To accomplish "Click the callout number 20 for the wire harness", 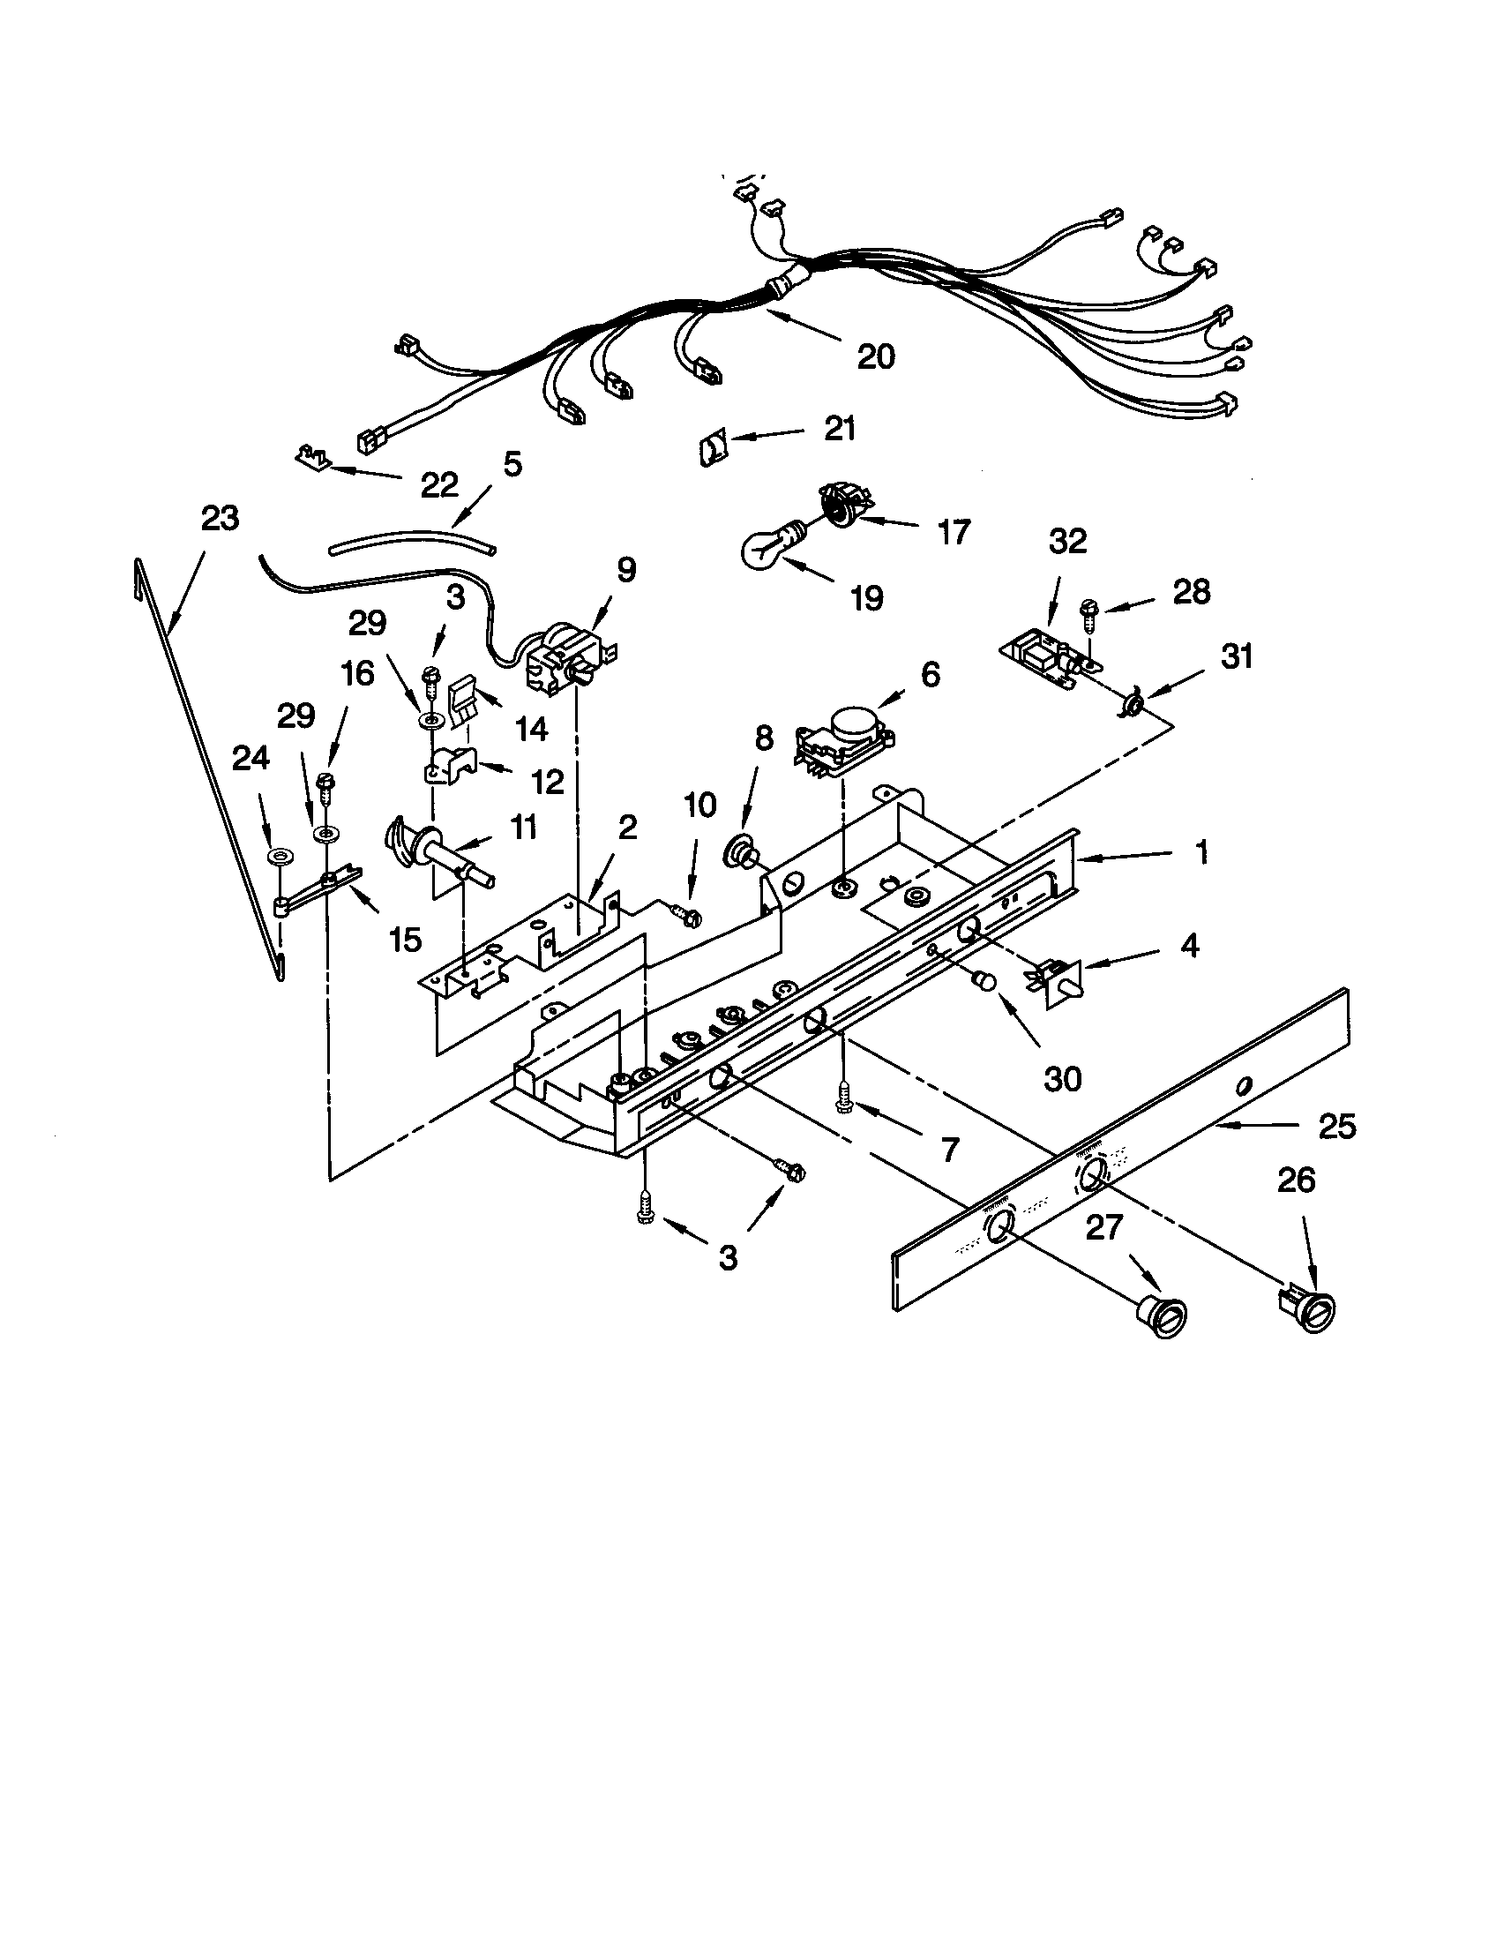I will point(875,356).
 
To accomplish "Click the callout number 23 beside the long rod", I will point(220,517).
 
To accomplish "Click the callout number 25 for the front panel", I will point(1337,1127).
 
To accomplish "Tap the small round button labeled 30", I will point(984,980).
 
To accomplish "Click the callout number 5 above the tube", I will point(512,464).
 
